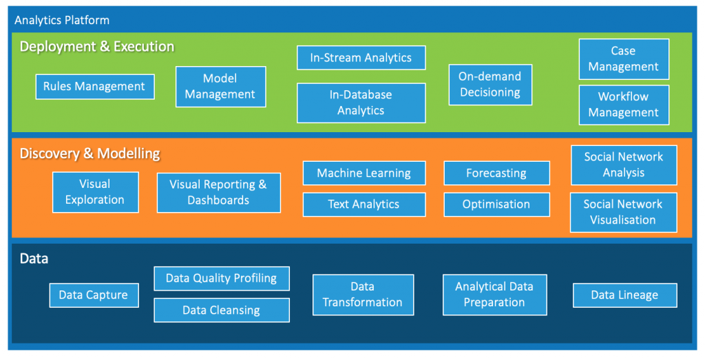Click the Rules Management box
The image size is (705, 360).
[94, 87]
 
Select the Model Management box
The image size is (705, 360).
[220, 87]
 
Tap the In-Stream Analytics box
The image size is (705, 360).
[361, 58]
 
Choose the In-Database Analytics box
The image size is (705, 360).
[361, 103]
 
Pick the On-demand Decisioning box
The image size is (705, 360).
[490, 85]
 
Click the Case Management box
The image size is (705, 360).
[624, 59]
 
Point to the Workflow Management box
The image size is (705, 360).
[624, 105]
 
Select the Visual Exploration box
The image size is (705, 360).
[95, 192]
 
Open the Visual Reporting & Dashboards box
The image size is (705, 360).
[218, 192]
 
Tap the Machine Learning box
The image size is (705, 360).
[364, 173]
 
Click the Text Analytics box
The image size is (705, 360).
[364, 204]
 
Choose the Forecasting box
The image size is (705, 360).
[496, 173]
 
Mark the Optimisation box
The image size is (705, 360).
[496, 204]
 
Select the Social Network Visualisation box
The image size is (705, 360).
[623, 212]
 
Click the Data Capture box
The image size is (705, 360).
[94, 295]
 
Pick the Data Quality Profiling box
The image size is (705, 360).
[221, 279]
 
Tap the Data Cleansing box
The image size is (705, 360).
[221, 310]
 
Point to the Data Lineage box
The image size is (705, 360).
[624, 295]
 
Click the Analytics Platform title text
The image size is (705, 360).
[62, 20]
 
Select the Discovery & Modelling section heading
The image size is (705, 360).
[90, 153]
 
